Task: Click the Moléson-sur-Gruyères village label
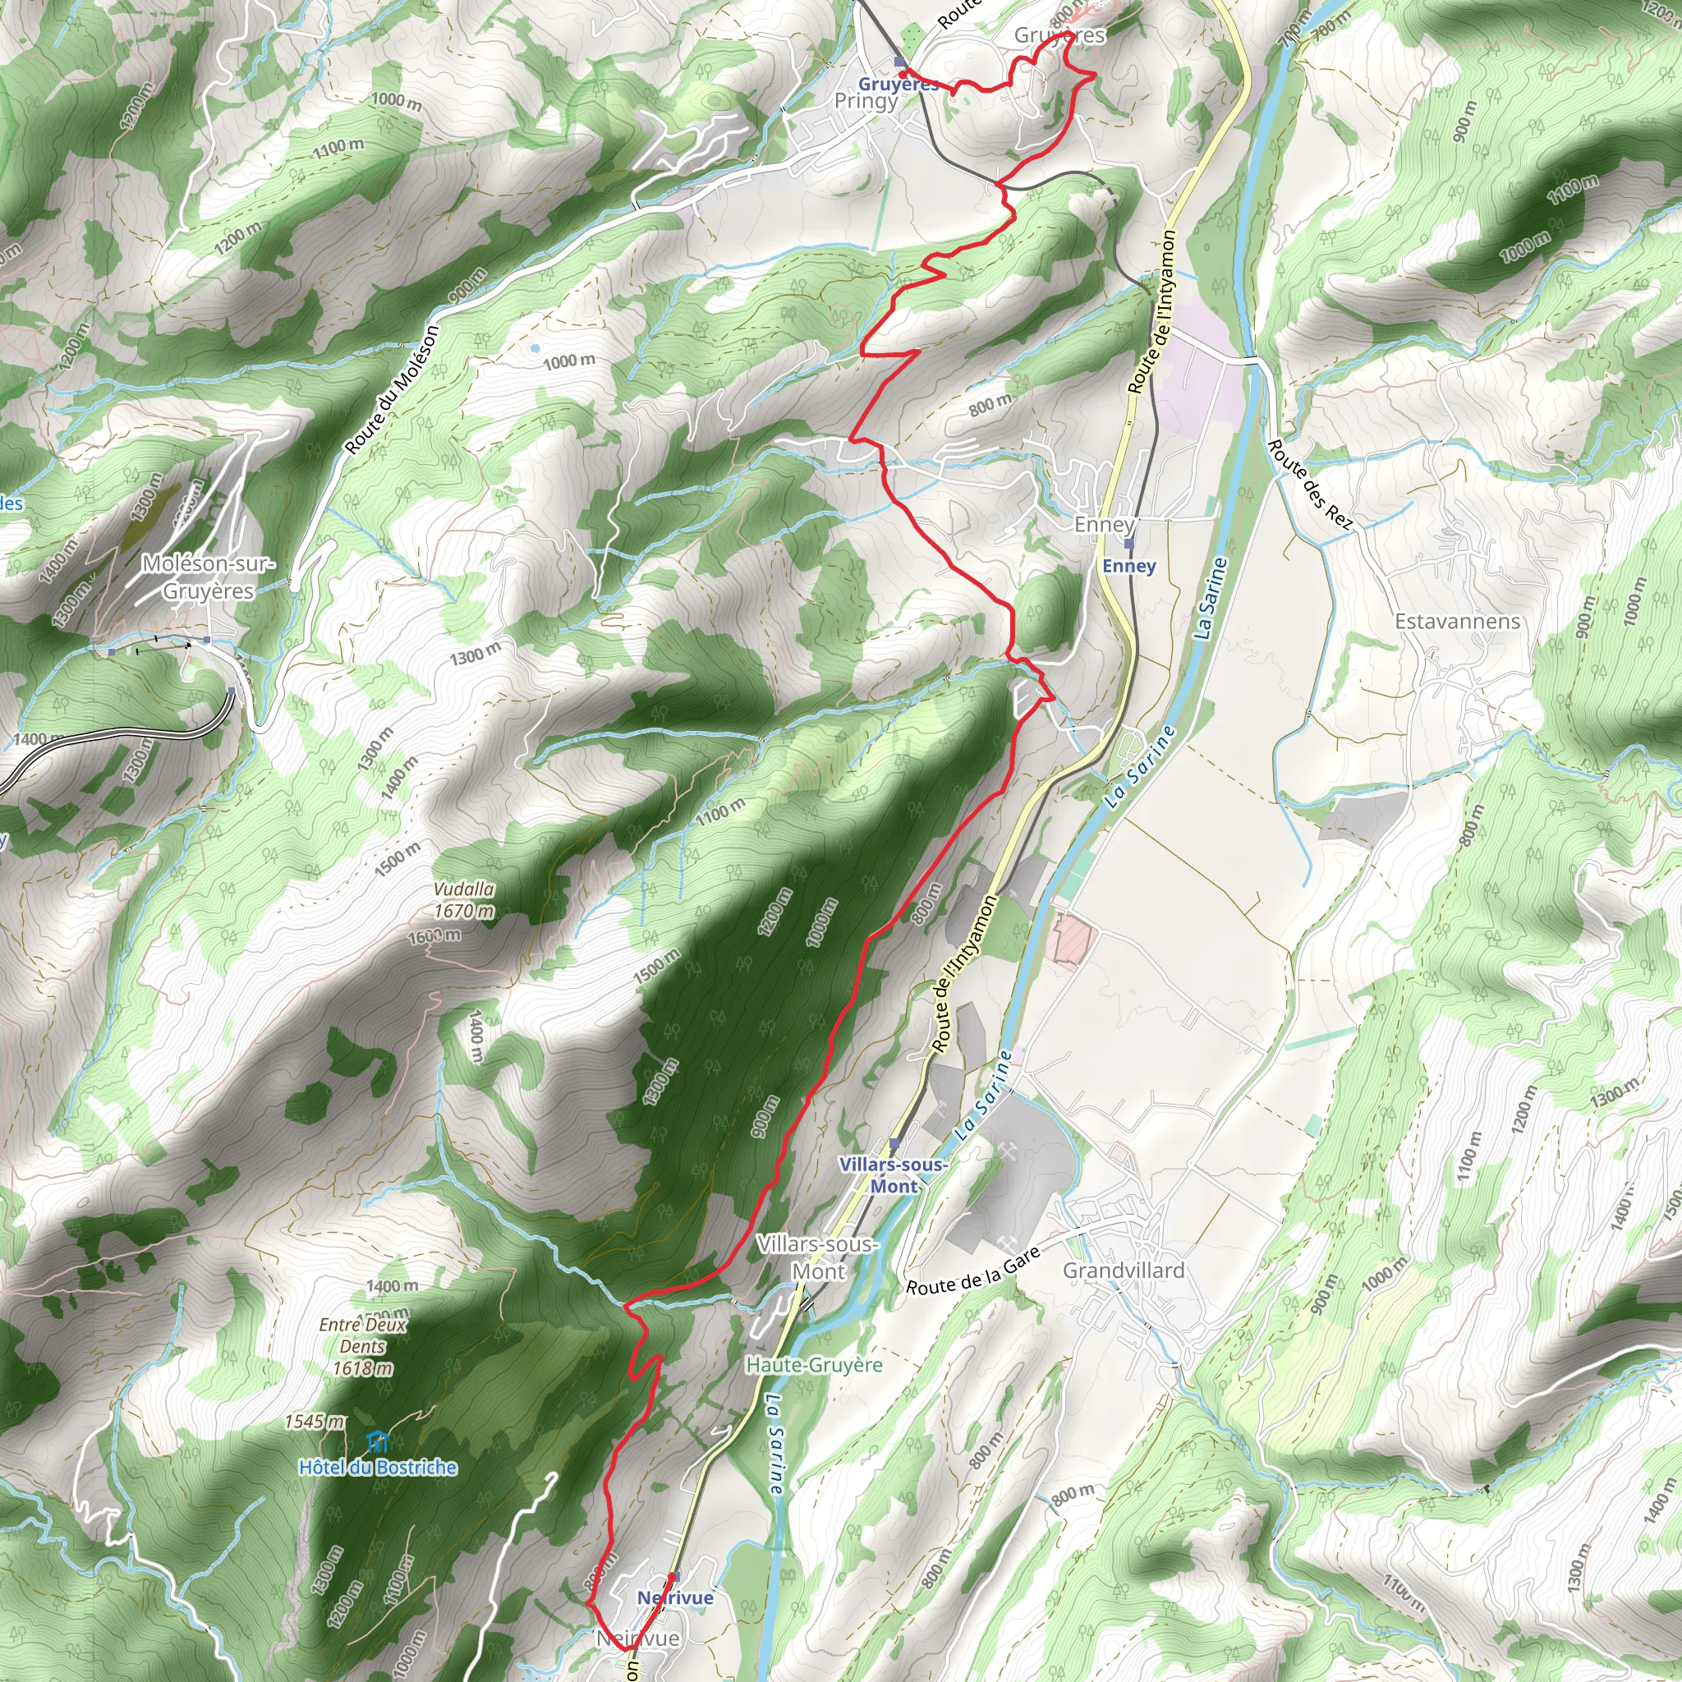tap(208, 577)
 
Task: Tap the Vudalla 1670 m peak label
tap(464, 899)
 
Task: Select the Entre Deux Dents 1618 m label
tap(362, 1346)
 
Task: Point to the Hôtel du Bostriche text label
tap(377, 1468)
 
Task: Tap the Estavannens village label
tap(1458, 622)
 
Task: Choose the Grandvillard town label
tap(1124, 1271)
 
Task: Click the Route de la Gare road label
tap(973, 1272)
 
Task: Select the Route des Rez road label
tap(1310, 485)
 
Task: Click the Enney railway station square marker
tap(1129, 543)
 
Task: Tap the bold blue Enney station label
tap(1129, 566)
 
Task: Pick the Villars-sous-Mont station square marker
tap(894, 1143)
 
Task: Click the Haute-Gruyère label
tap(814, 1365)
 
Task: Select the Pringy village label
tap(866, 101)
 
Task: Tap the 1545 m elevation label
tap(315, 1422)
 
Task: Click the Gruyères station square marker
tap(900, 62)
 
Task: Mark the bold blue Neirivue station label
tap(675, 1597)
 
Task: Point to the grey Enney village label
tap(1104, 524)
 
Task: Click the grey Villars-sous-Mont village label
tap(817, 1257)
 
